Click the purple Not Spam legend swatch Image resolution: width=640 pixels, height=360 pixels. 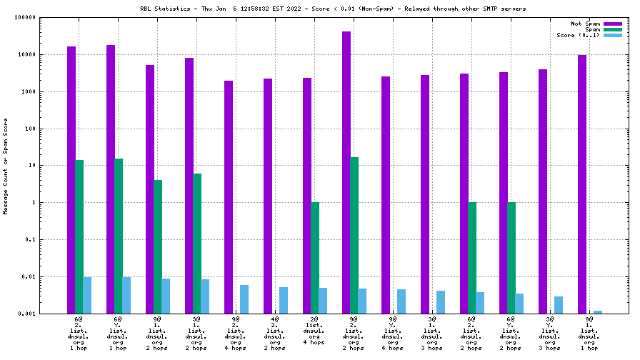click(613, 24)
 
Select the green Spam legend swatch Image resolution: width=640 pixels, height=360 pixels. click(613, 29)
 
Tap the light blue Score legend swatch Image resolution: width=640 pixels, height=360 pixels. click(613, 35)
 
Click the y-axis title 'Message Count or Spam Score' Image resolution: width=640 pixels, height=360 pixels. click(6, 166)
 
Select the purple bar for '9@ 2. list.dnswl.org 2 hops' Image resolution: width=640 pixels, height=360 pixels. click(346, 172)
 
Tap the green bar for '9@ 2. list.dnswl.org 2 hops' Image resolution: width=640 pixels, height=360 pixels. click(354, 235)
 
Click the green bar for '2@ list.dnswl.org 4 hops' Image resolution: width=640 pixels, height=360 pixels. click(315, 258)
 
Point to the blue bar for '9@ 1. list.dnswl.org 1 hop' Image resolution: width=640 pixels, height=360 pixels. click(598, 312)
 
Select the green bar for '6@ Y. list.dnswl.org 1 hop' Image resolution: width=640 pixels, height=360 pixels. click(119, 236)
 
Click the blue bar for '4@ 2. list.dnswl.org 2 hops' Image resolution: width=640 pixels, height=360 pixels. click(284, 300)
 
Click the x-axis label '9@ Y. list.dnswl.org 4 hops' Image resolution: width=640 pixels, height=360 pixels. click(393, 332)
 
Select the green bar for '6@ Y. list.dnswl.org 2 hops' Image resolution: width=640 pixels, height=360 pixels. click(511, 258)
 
